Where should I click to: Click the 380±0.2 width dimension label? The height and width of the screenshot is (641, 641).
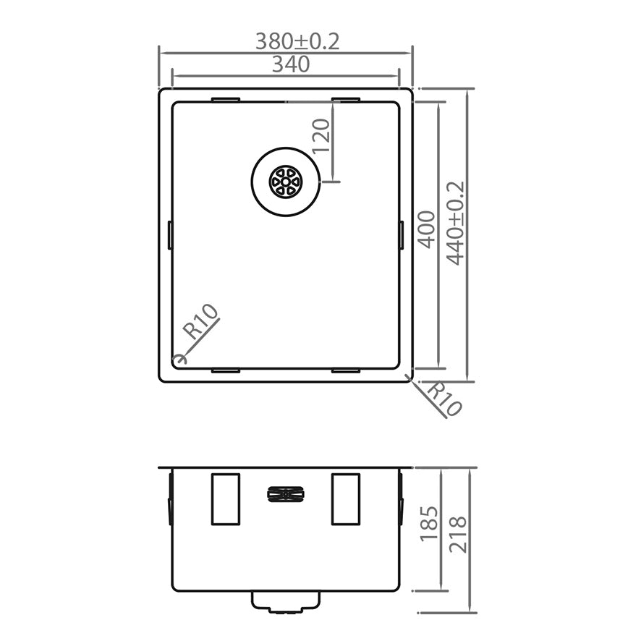[297, 41]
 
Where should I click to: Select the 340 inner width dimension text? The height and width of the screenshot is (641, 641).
[291, 64]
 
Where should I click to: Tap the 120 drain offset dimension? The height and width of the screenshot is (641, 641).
[321, 135]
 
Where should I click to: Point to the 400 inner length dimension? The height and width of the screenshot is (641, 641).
[427, 229]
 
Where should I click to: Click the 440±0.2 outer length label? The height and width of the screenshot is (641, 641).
[456, 224]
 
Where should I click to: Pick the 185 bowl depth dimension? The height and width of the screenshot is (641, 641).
[429, 523]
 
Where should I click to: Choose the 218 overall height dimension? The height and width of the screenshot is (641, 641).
[458, 535]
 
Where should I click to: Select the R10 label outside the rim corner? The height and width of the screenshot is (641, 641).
[444, 399]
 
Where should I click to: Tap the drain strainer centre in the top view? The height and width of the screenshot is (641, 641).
[285, 181]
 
